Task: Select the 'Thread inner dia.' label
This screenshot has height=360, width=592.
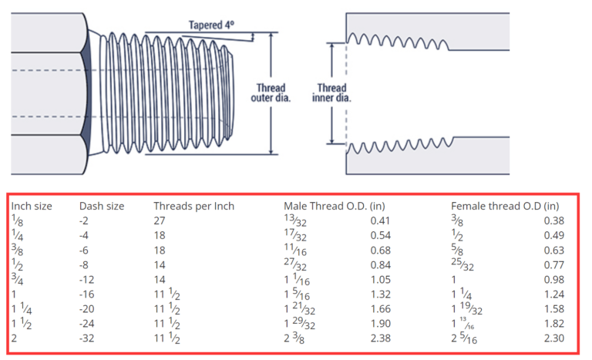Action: [x=331, y=93]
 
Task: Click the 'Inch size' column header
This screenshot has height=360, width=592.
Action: [x=32, y=206]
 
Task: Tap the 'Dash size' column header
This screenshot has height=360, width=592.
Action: [x=102, y=206]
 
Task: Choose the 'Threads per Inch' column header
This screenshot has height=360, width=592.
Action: [x=193, y=206]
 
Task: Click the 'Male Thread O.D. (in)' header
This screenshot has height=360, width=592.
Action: [x=335, y=206]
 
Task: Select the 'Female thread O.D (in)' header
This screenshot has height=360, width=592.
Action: [x=504, y=206]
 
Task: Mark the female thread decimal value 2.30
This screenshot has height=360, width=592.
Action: [x=553, y=338]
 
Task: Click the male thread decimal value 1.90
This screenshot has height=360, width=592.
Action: [x=380, y=324]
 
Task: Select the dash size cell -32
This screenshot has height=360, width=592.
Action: [x=87, y=338]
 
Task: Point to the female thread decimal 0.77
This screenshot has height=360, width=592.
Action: [x=553, y=264]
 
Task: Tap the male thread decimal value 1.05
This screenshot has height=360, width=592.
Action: [x=380, y=279]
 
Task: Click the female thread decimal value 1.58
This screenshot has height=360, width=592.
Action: [x=553, y=308]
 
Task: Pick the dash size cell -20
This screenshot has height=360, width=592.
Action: [x=87, y=308]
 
